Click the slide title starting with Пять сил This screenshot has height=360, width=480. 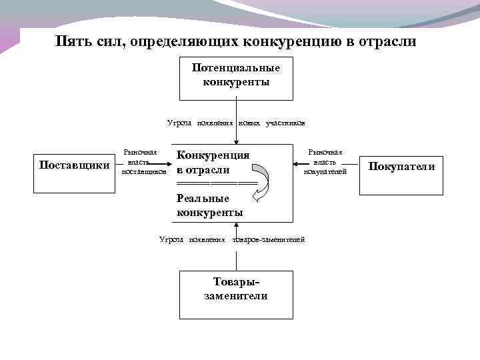[x=236, y=41]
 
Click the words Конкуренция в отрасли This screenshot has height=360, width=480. [x=212, y=162]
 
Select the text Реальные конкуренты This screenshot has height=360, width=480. [x=209, y=205]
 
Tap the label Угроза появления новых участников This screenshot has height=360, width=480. [x=236, y=123]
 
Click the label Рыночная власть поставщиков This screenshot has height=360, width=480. [x=142, y=161]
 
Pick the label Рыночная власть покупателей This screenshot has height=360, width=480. [x=325, y=162]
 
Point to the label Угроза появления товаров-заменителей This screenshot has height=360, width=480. [x=232, y=239]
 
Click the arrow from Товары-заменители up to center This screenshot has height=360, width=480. [x=235, y=257]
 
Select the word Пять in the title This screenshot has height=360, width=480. [x=70, y=41]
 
